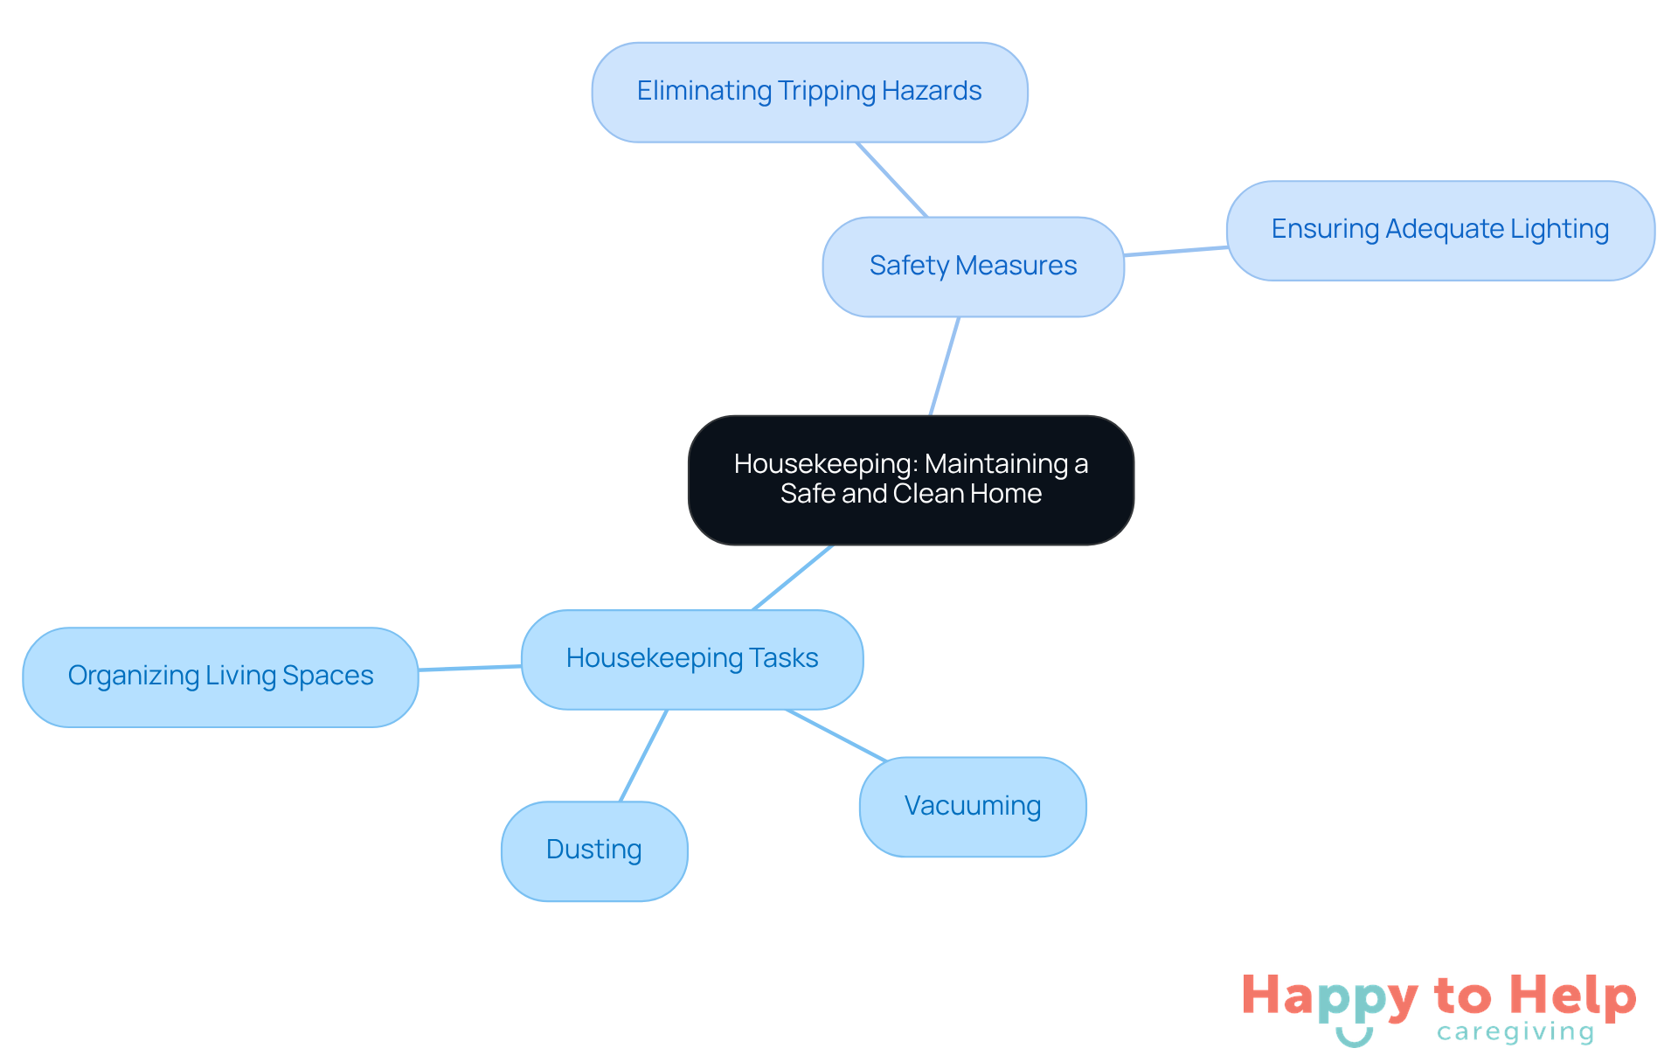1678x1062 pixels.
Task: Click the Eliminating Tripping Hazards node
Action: click(809, 92)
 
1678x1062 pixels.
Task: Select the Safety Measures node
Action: click(973, 267)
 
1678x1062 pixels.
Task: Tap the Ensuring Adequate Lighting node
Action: click(1440, 231)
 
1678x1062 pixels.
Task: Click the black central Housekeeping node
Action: click(911, 480)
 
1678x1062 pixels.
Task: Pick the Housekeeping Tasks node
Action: click(692, 659)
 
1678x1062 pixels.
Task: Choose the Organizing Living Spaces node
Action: click(220, 677)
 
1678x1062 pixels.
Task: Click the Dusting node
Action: click(594, 850)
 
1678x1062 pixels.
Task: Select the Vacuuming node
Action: click(973, 807)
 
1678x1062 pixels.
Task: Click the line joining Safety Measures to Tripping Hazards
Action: click(891, 179)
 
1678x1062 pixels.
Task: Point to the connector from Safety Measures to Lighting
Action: click(1175, 252)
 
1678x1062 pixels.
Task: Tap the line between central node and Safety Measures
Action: click(945, 366)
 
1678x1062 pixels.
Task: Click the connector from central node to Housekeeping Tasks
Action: click(793, 578)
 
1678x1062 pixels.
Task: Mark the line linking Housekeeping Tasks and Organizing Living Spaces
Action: click(470, 668)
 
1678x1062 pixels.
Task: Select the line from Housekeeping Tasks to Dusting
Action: click(643, 755)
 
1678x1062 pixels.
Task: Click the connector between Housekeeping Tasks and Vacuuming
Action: click(836, 735)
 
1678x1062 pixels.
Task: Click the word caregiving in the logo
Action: click(1515, 1032)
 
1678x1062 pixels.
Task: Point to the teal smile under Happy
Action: click(1354, 1038)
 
